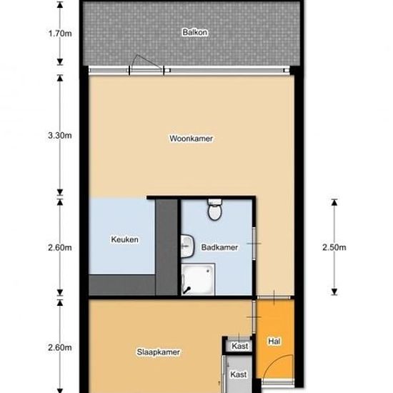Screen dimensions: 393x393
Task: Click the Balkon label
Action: (x=195, y=32)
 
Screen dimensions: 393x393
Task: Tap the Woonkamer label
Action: (x=191, y=139)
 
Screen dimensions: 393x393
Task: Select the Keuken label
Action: (x=124, y=239)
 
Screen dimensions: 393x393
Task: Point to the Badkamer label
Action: (x=219, y=247)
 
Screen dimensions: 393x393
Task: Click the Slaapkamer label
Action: (x=159, y=352)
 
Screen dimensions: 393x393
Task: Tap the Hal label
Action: (x=274, y=341)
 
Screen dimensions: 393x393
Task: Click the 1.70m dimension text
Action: (x=60, y=33)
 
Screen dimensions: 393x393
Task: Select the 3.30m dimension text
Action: (x=60, y=136)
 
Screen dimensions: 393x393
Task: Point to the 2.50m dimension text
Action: (x=334, y=247)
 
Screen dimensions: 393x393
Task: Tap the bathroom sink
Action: (x=187, y=246)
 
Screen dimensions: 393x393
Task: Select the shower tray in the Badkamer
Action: (x=198, y=279)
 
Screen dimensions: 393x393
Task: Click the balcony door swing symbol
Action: (x=146, y=65)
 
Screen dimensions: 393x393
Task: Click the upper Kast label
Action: (x=240, y=346)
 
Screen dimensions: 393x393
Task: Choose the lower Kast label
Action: (x=239, y=374)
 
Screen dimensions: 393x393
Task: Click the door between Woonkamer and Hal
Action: (x=274, y=297)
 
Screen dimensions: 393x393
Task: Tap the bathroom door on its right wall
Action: (x=254, y=243)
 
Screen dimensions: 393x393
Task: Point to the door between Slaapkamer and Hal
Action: (x=254, y=317)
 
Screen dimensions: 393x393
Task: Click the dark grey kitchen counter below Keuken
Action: (x=122, y=284)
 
